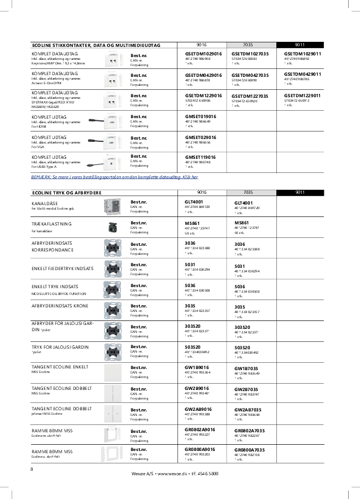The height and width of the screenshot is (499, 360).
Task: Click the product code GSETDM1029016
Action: tap(203, 53)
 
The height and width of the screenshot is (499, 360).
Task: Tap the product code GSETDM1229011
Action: tap(302, 95)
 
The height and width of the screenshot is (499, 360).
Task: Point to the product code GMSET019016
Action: tap(201, 116)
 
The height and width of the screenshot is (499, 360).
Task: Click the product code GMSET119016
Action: tap(201, 157)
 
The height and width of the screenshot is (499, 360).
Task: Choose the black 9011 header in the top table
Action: tap(300, 45)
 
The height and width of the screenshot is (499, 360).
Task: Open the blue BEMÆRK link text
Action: tap(114, 177)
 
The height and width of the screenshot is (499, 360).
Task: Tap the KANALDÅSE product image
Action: tap(112, 206)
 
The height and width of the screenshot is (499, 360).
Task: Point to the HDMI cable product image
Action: tap(103, 120)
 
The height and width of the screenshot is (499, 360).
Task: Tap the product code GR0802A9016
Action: tap(200, 429)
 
